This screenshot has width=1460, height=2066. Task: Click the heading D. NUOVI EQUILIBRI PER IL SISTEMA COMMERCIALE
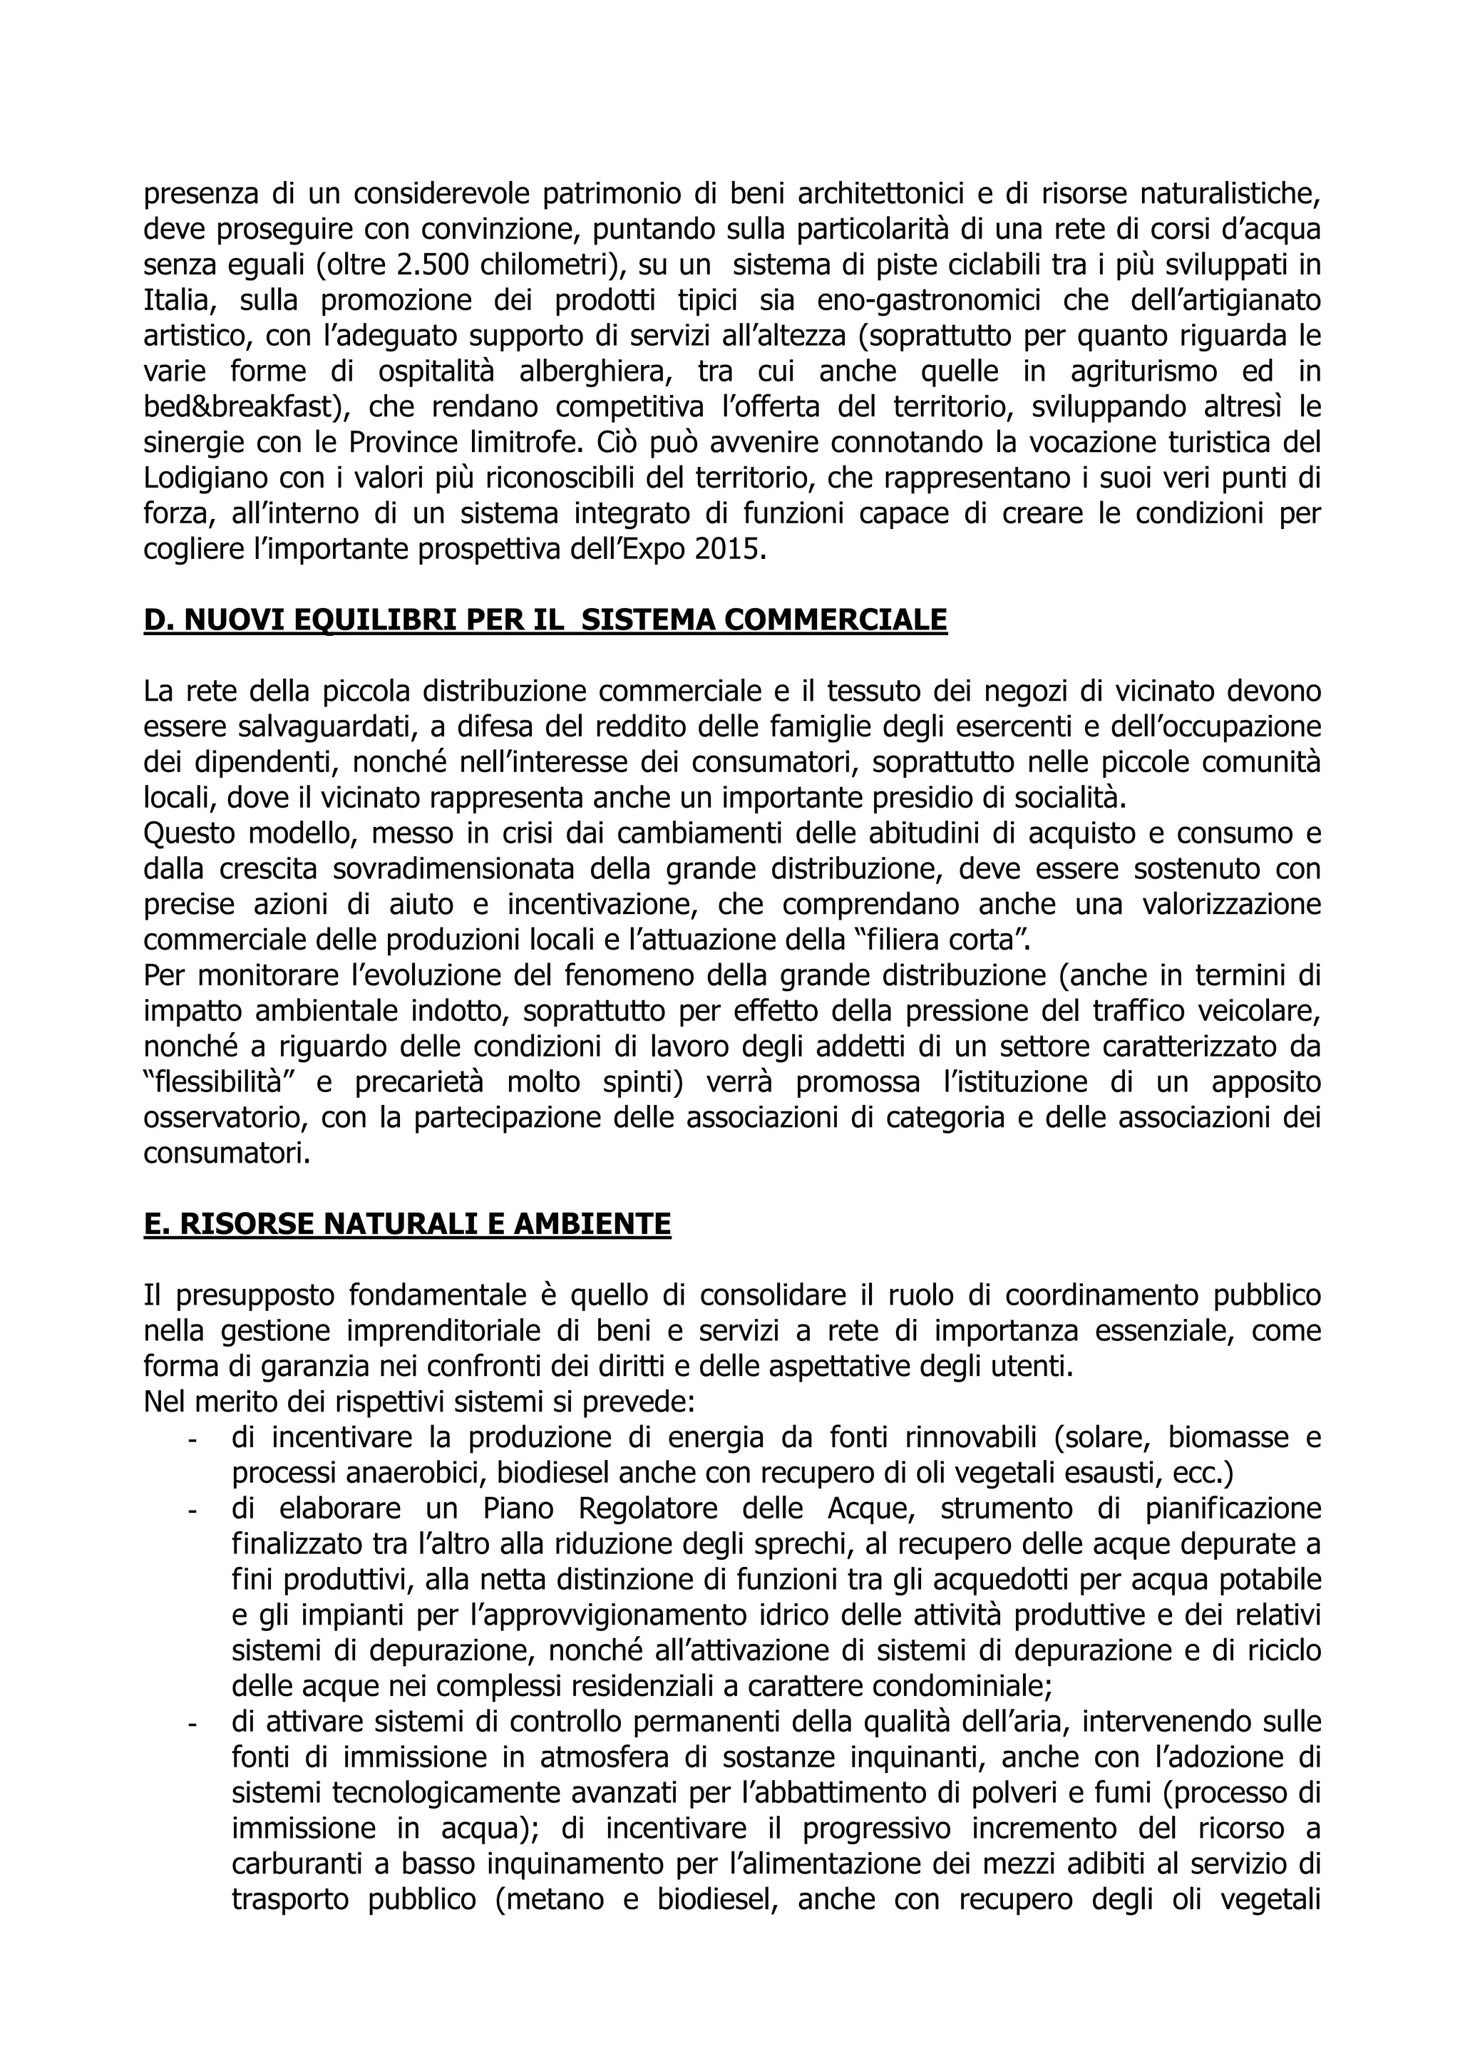(x=545, y=620)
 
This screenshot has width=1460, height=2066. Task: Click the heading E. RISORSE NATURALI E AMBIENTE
(x=406, y=1224)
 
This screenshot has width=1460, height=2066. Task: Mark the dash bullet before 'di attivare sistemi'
(x=192, y=1724)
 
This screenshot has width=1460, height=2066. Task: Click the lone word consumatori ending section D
(x=227, y=1153)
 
